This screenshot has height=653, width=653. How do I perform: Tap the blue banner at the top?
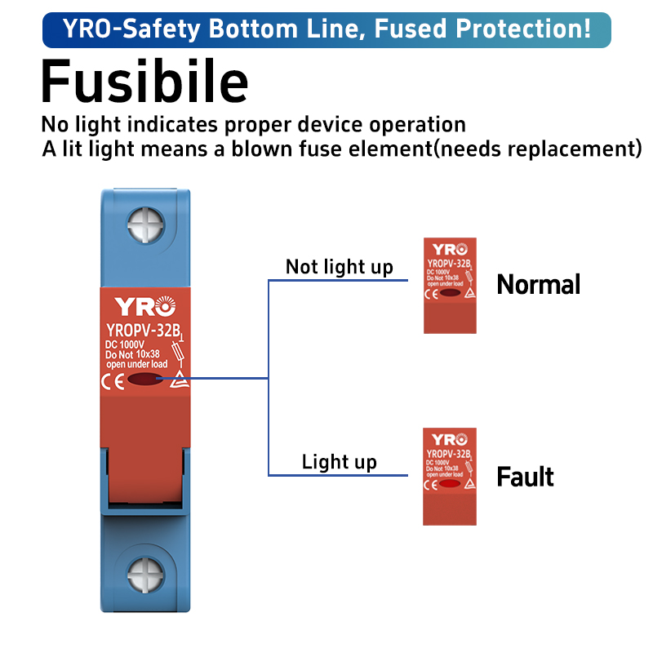click(x=326, y=30)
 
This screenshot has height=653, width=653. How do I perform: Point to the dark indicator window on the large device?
click(x=145, y=380)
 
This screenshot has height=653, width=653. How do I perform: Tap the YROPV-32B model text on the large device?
click(x=143, y=331)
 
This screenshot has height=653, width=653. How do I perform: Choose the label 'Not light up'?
click(x=339, y=267)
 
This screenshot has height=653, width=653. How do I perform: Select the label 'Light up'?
click(x=339, y=462)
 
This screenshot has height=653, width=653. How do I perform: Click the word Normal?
click(x=539, y=285)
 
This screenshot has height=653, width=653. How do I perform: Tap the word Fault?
click(x=525, y=477)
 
